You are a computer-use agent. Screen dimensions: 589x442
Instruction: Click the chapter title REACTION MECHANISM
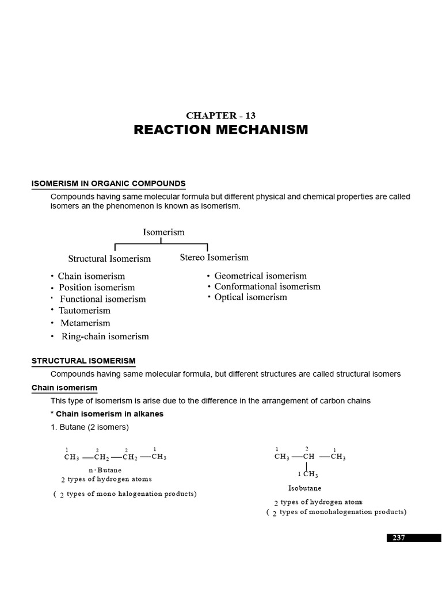pyautogui.click(x=220, y=130)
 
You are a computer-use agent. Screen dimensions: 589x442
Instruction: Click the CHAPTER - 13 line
pyautogui.click(x=220, y=115)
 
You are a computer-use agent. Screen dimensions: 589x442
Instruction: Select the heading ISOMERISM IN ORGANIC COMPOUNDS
pyautogui.click(x=108, y=184)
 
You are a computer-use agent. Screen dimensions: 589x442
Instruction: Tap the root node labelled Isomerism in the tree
pyautogui.click(x=163, y=232)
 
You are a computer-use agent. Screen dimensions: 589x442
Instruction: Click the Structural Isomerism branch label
pyautogui.click(x=109, y=259)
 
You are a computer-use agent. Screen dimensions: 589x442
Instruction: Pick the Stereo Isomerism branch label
pyautogui.click(x=214, y=257)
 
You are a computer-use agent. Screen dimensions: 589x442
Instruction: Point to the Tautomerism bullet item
pyautogui.click(x=84, y=311)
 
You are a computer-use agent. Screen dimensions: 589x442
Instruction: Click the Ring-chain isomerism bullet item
pyautogui.click(x=104, y=336)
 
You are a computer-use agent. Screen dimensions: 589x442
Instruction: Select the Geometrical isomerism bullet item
pyautogui.click(x=260, y=276)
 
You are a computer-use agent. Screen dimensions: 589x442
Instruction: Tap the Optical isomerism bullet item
pyautogui.click(x=250, y=297)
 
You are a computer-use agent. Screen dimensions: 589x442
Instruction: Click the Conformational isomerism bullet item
pyautogui.click(x=267, y=286)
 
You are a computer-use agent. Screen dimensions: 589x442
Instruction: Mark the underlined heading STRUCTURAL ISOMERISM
pyautogui.click(x=83, y=361)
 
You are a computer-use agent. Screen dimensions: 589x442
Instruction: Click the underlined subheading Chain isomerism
pyautogui.click(x=64, y=388)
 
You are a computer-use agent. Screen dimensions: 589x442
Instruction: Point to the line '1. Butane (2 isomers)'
pyautogui.click(x=90, y=427)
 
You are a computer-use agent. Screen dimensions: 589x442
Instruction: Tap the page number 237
pyautogui.click(x=399, y=537)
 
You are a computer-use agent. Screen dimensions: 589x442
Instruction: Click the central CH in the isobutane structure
pyautogui.click(x=308, y=457)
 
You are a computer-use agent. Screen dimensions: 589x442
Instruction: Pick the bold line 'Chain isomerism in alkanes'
pyautogui.click(x=109, y=414)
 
